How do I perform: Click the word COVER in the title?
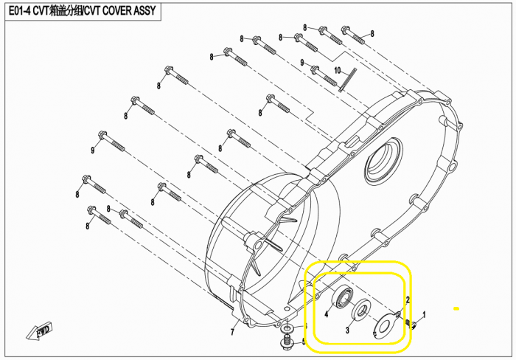(x=116, y=11)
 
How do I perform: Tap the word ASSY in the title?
(x=144, y=11)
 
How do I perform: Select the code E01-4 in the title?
(x=20, y=11)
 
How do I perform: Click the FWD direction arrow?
(x=39, y=331)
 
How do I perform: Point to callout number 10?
(x=338, y=71)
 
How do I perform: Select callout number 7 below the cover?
(x=232, y=332)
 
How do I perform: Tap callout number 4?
(x=326, y=314)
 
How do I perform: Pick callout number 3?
(x=347, y=330)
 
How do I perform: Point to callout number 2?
(x=408, y=300)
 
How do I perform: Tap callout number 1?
(x=424, y=315)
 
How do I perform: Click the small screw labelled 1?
(x=411, y=324)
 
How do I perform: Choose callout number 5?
(x=304, y=342)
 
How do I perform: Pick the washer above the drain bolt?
(x=287, y=328)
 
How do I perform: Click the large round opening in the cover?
(x=383, y=159)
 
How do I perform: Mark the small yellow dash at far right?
(x=456, y=308)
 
